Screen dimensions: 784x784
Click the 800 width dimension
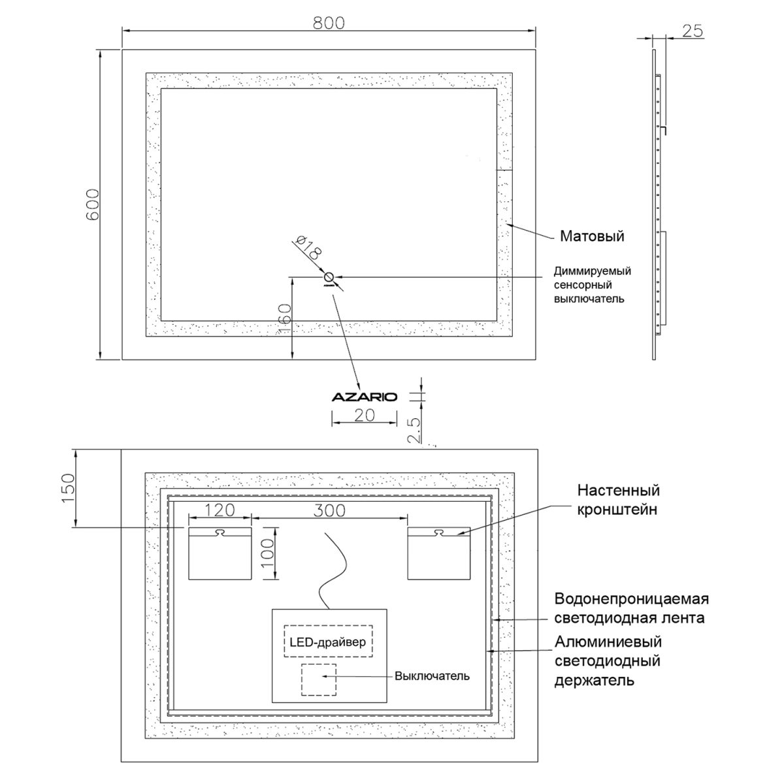(329, 22)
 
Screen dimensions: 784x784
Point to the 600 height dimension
(93, 204)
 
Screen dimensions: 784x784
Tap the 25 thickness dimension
(693, 31)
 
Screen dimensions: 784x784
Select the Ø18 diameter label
(309, 247)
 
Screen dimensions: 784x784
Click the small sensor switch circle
(329, 278)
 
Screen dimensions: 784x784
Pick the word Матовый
(592, 237)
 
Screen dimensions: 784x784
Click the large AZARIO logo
(364, 397)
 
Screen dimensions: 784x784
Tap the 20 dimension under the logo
(364, 416)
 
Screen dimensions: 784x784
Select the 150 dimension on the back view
(69, 488)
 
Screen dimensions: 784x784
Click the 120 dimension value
(220, 510)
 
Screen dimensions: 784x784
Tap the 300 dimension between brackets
(329, 510)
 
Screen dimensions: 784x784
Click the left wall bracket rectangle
(220, 553)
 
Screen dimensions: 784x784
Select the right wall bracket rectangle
(438, 553)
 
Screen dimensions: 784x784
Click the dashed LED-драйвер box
(328, 641)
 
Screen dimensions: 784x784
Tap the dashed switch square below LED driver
(319, 680)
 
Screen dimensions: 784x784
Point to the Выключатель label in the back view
(432, 676)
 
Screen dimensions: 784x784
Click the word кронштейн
(617, 510)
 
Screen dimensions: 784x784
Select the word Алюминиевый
(608, 642)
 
